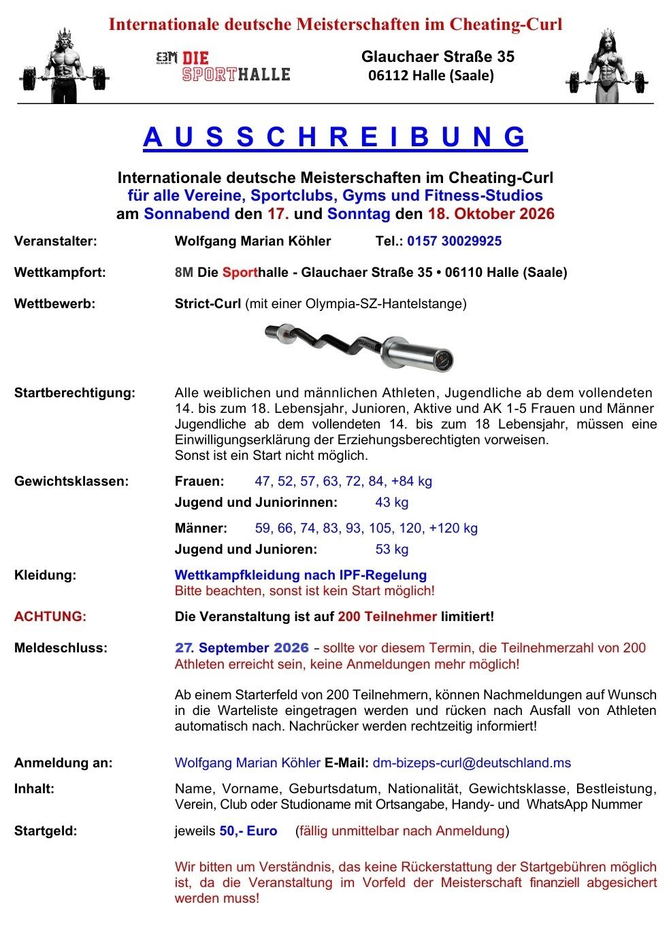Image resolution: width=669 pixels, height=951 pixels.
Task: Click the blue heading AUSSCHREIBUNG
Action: (x=335, y=137)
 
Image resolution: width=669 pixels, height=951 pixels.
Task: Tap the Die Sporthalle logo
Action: (x=223, y=66)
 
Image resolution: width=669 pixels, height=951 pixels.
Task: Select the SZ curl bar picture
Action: (x=359, y=346)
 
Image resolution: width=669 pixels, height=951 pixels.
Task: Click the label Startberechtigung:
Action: (x=75, y=393)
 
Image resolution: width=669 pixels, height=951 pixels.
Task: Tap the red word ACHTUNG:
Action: (x=50, y=616)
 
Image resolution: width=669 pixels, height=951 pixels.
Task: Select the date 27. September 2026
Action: (x=242, y=648)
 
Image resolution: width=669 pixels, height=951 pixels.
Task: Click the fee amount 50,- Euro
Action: (x=248, y=831)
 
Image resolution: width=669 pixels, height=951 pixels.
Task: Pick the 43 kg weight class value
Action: (x=392, y=502)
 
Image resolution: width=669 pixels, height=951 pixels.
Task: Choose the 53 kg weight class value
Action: (x=392, y=549)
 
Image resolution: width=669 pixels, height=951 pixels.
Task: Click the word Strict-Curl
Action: (x=208, y=303)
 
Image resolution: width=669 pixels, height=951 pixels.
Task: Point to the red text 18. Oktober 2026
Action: (x=491, y=214)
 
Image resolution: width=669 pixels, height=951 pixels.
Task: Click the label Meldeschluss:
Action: (x=61, y=648)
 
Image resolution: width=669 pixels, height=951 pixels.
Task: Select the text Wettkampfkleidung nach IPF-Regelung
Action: (x=301, y=575)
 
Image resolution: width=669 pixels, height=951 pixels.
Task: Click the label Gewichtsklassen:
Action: (x=71, y=481)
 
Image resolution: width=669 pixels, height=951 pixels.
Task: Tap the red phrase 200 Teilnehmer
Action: (x=387, y=616)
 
